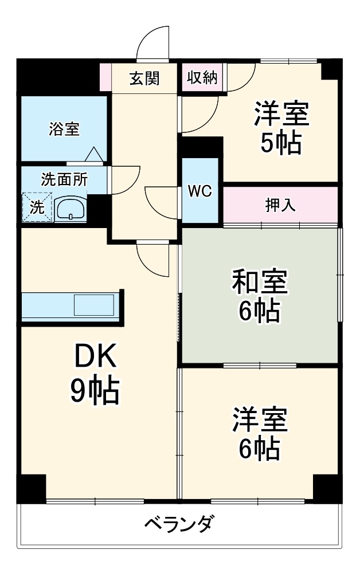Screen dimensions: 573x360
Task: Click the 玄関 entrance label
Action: pyautogui.click(x=144, y=79)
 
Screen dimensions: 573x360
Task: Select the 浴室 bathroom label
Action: pyautogui.click(x=64, y=129)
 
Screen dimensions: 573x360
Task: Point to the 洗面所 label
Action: pyautogui.click(x=64, y=179)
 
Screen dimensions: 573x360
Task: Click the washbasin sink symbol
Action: pyautogui.click(x=71, y=209)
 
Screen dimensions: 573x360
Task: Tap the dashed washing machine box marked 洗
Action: pyautogui.click(x=37, y=207)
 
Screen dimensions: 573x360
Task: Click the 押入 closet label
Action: pyautogui.click(x=280, y=205)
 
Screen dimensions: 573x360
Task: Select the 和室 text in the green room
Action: pyautogui.click(x=259, y=282)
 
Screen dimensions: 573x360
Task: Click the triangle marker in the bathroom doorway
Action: pyautogui.click(x=94, y=155)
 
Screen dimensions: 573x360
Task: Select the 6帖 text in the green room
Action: pyautogui.click(x=259, y=311)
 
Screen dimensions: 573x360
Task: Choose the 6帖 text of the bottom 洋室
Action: pyautogui.click(x=259, y=449)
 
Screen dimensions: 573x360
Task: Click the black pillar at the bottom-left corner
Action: pyautogui.click(x=31, y=488)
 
